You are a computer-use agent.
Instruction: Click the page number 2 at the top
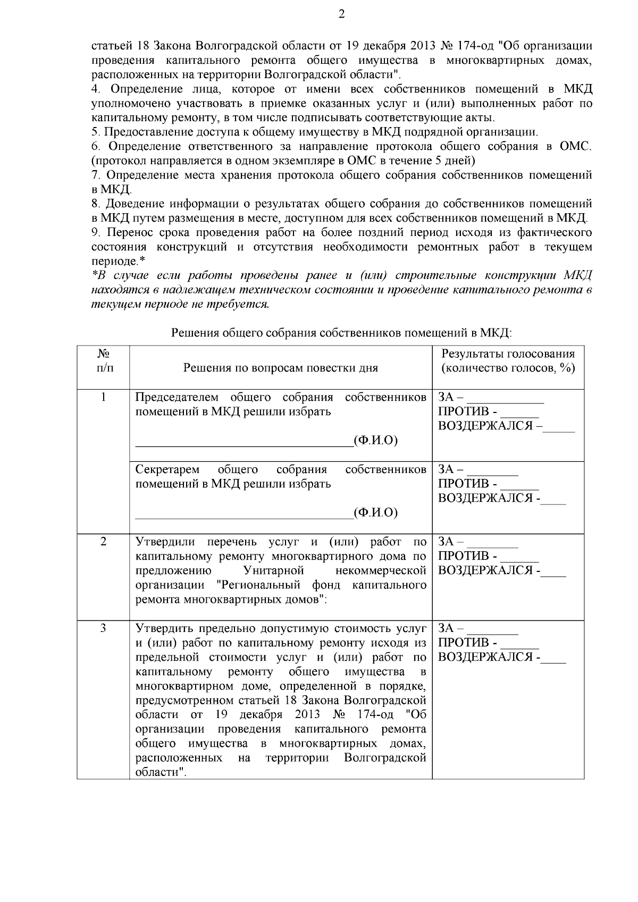[341, 14]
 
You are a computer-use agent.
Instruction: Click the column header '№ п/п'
[103, 360]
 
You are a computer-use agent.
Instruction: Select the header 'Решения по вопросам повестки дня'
[280, 368]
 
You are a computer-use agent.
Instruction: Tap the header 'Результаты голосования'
[508, 354]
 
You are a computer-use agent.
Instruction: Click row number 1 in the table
[103, 397]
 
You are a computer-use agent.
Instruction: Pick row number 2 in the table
[103, 541]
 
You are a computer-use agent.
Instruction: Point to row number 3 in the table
[103, 628]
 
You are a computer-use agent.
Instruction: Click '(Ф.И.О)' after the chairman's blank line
[375, 441]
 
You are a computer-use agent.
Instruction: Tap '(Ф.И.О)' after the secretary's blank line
[375, 512]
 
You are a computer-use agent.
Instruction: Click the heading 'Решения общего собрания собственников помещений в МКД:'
[341, 333]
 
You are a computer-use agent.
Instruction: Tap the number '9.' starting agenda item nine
[96, 233]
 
